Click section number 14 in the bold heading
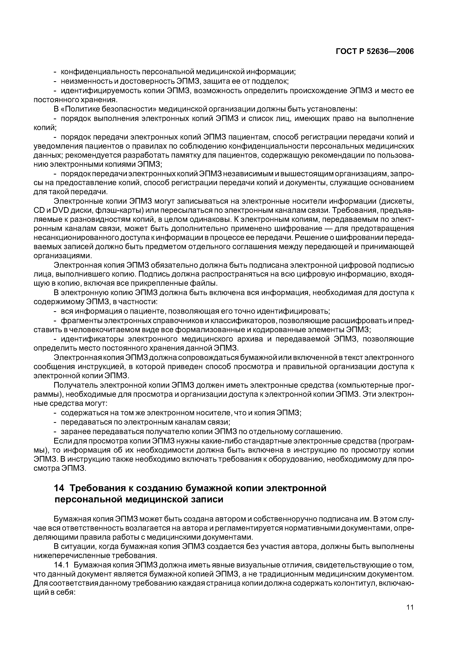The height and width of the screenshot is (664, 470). click(x=59, y=488)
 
